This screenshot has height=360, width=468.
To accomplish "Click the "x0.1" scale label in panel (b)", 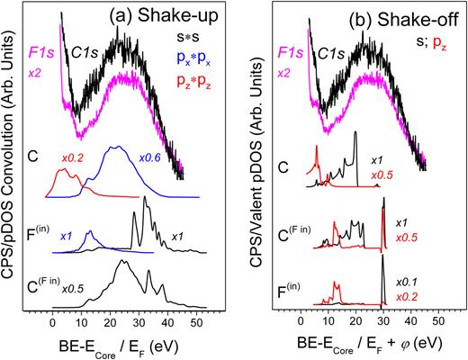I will point(407,283).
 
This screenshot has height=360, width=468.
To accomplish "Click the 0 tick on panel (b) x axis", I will point(300,319).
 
